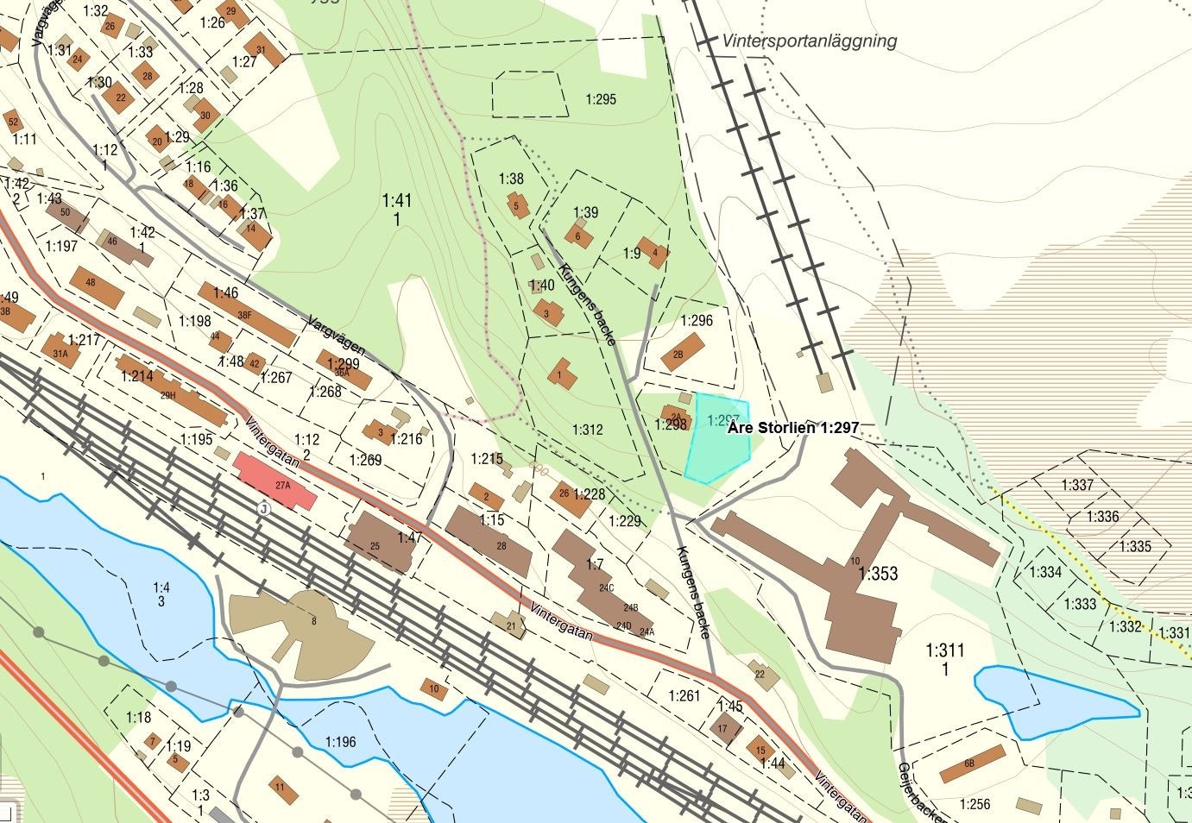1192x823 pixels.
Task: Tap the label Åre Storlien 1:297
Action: (x=793, y=427)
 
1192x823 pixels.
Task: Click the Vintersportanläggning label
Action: (x=810, y=41)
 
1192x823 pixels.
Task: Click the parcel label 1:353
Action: (x=878, y=574)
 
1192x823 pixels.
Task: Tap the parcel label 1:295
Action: (x=601, y=99)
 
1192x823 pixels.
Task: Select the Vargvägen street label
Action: (x=335, y=336)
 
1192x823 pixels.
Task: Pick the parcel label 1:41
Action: (x=397, y=201)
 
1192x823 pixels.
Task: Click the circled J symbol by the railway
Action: (x=262, y=509)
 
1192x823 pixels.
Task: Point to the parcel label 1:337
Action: (x=1077, y=486)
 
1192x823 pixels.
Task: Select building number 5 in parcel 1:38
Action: (x=518, y=206)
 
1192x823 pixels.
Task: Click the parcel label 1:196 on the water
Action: (x=340, y=742)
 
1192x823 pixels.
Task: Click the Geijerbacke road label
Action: (x=922, y=792)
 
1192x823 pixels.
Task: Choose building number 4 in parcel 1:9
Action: (x=653, y=252)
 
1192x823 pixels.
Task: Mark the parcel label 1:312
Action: (x=587, y=430)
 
